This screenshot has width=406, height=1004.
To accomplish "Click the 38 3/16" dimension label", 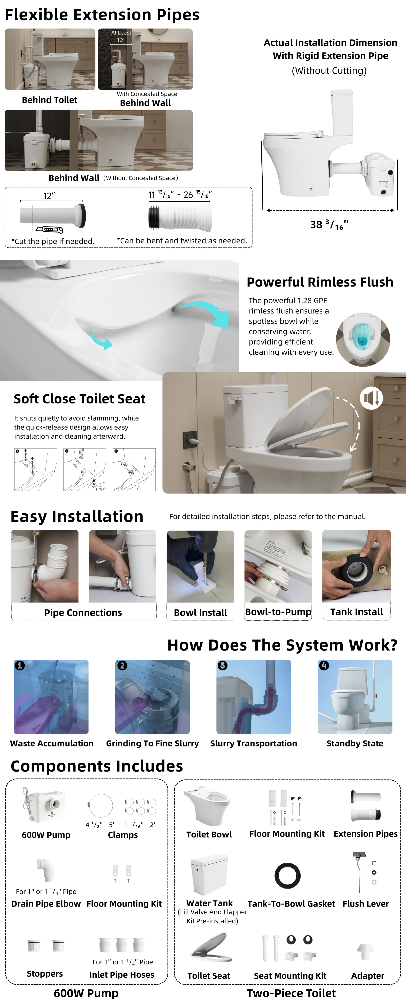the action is point(329,225).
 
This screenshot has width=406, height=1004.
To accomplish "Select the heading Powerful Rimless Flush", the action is point(320,282).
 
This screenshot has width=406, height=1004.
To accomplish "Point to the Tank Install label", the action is point(356,612).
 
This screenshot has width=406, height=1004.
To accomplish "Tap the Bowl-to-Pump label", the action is point(278,612).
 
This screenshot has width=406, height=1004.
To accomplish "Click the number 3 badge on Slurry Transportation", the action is point(222,665).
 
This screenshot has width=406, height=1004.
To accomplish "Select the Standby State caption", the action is point(355,743).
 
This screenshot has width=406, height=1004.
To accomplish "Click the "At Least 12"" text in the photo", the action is point(121,36).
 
